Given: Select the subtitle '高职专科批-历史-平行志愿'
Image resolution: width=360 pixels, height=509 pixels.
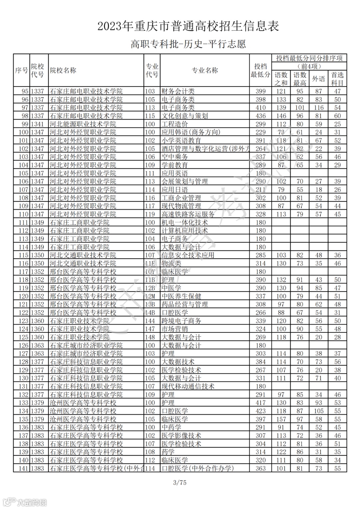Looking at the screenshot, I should [x=188, y=44].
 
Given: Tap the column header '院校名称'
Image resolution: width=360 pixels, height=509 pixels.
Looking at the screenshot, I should [x=63, y=70].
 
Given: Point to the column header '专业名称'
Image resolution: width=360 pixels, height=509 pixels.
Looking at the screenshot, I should [x=204, y=70].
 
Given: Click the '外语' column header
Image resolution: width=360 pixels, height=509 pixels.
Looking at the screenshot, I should [x=318, y=79].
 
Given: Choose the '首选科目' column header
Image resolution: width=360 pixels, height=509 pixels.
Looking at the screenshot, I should [x=337, y=79].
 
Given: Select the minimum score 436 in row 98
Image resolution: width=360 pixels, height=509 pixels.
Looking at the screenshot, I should [x=260, y=116].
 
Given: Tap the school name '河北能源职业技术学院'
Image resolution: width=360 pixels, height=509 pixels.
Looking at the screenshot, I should [x=83, y=124].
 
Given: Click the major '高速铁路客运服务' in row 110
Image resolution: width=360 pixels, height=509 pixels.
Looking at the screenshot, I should [x=188, y=214].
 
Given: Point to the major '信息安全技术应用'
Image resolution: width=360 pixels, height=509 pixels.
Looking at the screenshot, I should [x=188, y=255].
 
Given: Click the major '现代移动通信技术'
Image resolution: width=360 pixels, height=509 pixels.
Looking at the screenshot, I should [x=188, y=386].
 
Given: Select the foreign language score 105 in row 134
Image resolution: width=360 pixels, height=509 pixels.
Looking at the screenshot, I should [x=318, y=411].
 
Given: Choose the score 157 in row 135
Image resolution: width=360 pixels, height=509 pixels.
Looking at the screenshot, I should [x=281, y=419].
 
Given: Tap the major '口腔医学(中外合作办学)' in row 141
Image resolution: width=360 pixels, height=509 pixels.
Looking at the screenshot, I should [x=198, y=468].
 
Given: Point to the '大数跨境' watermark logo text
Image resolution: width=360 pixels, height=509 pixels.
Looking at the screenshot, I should [x=32, y=502].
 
